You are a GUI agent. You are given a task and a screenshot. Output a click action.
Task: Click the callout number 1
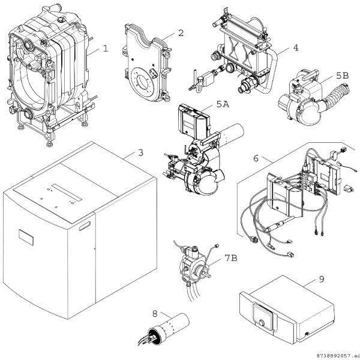coord(106,49)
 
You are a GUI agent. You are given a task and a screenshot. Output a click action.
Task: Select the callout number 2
coord(181,33)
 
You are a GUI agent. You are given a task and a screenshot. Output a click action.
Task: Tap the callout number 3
coord(141,152)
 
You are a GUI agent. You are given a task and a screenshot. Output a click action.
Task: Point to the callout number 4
coord(296,48)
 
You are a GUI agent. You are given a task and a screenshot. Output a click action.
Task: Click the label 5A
coord(223,104)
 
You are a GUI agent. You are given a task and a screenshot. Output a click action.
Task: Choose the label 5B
coord(343,76)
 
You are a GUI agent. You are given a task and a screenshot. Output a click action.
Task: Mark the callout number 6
coord(256,158)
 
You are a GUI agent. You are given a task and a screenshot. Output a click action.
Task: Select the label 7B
coord(231,258)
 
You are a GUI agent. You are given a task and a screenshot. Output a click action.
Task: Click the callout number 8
coord(155,314)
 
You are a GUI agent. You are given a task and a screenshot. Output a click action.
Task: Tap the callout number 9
coord(322,279)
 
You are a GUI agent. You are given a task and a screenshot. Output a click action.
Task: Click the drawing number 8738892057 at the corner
coord(335,356)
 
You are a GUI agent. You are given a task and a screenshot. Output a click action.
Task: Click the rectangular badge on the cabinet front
coord(26,238)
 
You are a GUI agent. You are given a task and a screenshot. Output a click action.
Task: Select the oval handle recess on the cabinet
coord(85,226)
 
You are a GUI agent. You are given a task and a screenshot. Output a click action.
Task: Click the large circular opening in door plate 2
coord(144,81)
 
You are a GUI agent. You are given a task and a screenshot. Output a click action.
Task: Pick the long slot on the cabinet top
coord(67,193)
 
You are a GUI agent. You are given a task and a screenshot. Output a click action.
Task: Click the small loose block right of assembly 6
coord(347,188)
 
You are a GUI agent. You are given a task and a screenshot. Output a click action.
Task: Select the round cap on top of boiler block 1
coord(61,19)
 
